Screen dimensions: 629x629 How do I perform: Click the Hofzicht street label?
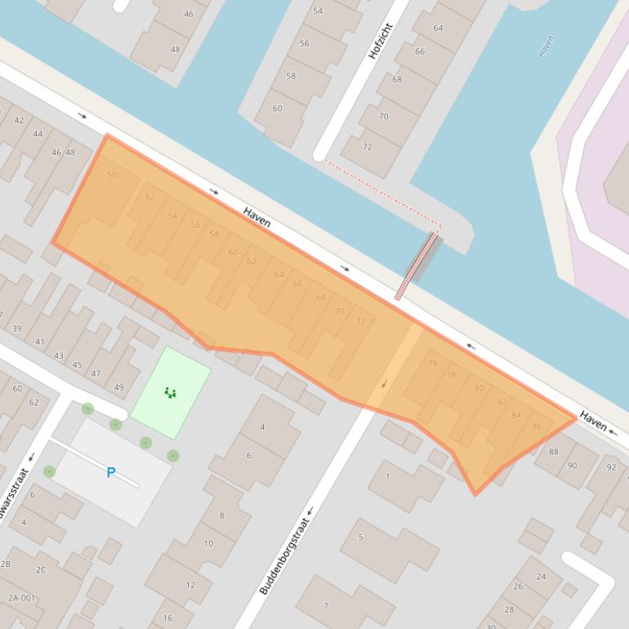pos(381,40)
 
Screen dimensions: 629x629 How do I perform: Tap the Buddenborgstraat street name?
pos(286,555)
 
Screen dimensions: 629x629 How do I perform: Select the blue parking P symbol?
pos(111,472)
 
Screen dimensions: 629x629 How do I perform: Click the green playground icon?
pos(170,393)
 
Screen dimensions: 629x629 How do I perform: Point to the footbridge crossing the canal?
pos(418,265)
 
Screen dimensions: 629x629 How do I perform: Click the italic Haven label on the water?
pos(546,46)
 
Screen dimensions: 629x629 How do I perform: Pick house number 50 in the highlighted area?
pos(112,175)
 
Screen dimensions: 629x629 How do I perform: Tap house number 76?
pos(433,364)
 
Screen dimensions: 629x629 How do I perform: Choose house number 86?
pos(537,426)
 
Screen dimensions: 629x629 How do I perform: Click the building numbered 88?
pos(554,452)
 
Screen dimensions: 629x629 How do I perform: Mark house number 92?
pos(611,468)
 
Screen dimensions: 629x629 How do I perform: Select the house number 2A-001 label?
pos(22,598)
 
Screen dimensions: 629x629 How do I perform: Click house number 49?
pos(119,387)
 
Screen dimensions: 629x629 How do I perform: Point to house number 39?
pos(16,328)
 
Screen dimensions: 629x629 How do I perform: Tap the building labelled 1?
pos(387,476)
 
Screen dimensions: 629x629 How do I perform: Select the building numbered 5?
pos(360,538)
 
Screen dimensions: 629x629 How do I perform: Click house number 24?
pos(541,577)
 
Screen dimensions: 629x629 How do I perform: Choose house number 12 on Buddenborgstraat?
pos(190,585)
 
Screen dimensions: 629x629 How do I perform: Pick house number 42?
pos(19,121)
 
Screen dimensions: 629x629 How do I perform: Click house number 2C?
pos(41,569)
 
